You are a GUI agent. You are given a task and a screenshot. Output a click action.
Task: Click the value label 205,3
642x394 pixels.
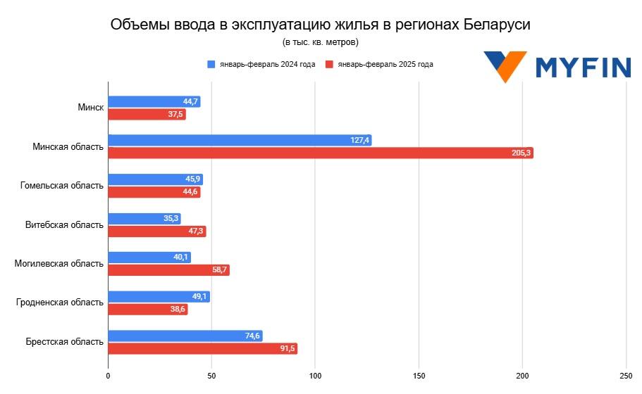click(521, 153)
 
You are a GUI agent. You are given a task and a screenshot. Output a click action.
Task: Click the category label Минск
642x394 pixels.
click(91, 108)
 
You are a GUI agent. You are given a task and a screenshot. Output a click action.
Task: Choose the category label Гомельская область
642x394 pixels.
click(62, 186)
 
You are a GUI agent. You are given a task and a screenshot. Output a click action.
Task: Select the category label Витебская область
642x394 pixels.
click(64, 224)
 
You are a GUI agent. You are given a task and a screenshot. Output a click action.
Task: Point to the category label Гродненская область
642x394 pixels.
click(60, 303)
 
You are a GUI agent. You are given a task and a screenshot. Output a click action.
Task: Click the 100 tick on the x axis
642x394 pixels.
click(315, 376)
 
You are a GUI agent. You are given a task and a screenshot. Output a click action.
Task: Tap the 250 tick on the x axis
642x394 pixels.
click(625, 376)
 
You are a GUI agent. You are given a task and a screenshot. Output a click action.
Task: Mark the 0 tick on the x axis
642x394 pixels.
click(108, 376)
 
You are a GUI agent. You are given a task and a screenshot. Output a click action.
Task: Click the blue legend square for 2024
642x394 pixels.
click(211, 64)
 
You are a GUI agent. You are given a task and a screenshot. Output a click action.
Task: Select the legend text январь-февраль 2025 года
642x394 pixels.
click(385, 64)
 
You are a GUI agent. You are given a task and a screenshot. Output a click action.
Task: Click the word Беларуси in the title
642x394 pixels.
click(497, 25)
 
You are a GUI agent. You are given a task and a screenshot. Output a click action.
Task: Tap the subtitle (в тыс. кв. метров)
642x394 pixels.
click(321, 42)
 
